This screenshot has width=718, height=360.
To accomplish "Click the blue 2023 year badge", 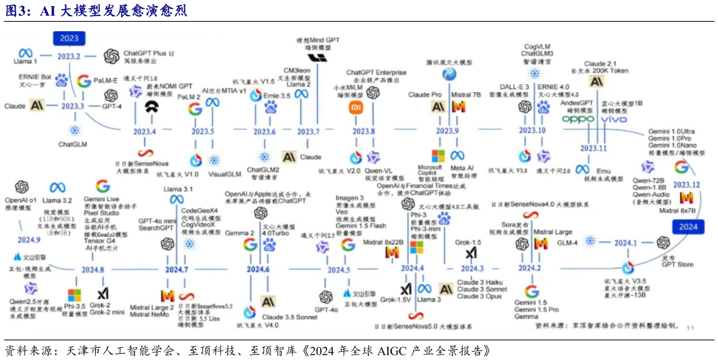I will point(70,38).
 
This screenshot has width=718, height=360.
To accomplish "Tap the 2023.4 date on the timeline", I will point(143,130).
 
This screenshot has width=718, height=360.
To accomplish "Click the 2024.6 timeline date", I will point(258,270).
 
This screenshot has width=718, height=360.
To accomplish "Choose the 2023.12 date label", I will point(687,184).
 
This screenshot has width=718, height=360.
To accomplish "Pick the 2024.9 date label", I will point(29,240).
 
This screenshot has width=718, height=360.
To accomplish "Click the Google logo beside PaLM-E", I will point(84,82).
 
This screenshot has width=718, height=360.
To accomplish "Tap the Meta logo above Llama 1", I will point(26,52).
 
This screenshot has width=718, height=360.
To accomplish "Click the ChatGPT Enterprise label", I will point(376,72).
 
